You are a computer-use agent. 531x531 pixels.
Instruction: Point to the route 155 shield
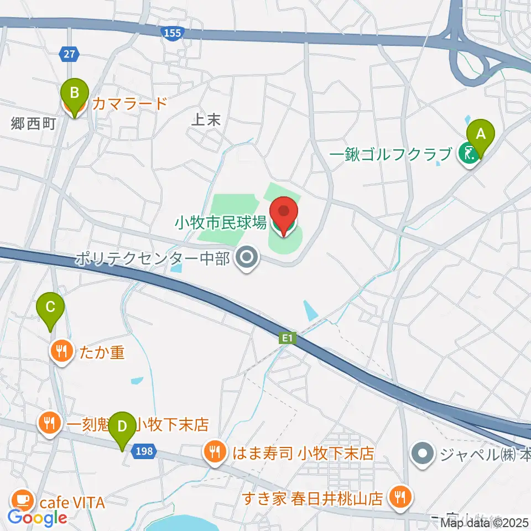(173, 34)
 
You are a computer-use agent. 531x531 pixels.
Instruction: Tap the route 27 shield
(69, 54)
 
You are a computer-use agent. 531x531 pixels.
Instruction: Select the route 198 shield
(143, 452)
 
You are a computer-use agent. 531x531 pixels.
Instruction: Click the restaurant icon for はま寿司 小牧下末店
(215, 454)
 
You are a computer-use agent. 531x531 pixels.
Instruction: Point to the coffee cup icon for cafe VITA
(22, 501)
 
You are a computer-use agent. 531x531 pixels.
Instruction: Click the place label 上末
(206, 120)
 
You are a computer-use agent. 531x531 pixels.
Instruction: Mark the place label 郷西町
(33, 123)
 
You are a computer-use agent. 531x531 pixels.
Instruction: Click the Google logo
(38, 518)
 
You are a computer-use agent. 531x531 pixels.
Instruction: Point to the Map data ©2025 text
(485, 522)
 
